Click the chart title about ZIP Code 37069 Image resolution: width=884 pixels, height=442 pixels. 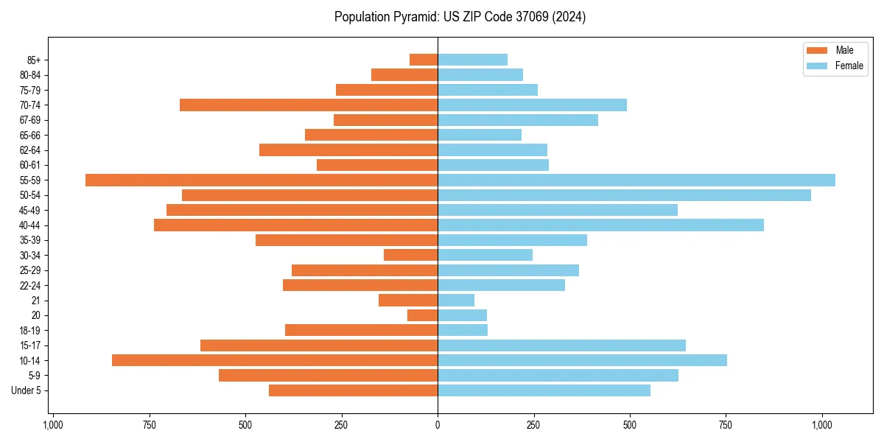point(460,17)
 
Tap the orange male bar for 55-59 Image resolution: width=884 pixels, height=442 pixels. point(262,180)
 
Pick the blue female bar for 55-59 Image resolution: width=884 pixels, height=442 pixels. point(636,180)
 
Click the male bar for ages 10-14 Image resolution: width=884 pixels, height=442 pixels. point(275,360)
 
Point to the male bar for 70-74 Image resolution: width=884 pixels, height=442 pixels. point(309,105)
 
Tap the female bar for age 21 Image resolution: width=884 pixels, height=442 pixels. point(456,301)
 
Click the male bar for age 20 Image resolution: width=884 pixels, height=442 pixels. point(423,315)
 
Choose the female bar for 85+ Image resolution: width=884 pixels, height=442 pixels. point(472,60)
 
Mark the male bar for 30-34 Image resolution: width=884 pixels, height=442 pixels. point(411,256)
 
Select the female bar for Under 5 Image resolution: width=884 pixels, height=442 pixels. point(544,390)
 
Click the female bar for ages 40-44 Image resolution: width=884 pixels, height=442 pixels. point(600,225)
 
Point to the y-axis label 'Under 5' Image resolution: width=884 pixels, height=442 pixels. point(27,390)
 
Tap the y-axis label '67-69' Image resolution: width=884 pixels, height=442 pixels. point(29,120)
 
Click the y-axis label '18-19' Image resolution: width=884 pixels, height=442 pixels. point(29,331)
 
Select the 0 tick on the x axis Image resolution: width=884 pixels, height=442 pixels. point(438,425)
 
